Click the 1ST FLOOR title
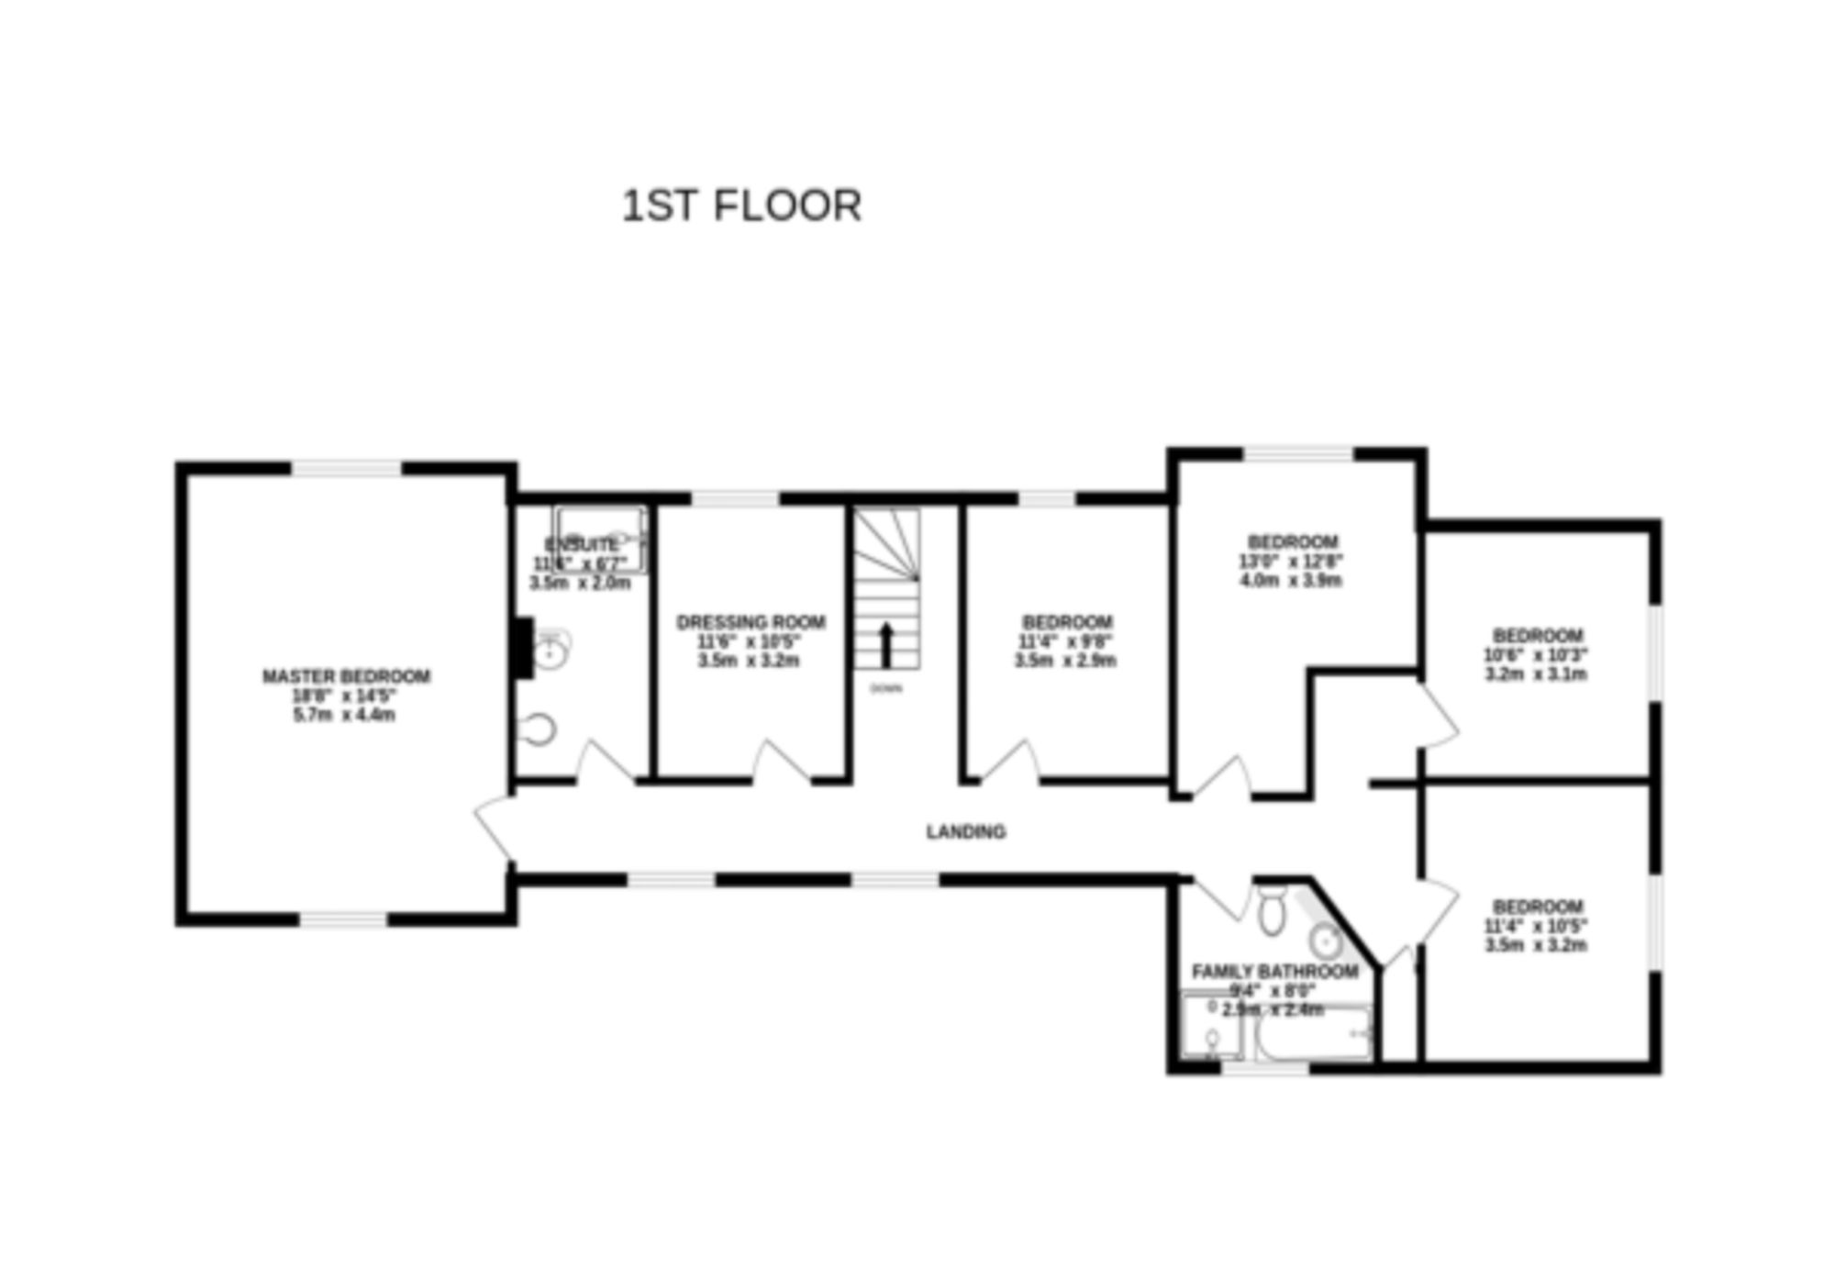[x=741, y=206]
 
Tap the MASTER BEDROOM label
[x=346, y=676]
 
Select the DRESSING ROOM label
[x=751, y=622]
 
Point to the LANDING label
[x=965, y=831]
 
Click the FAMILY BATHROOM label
[x=1274, y=971]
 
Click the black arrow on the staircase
[x=886, y=644]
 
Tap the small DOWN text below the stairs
[x=885, y=688]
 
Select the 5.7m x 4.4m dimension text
[x=344, y=715]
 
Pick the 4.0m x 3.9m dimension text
[x=1293, y=580]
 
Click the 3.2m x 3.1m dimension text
[x=1536, y=673]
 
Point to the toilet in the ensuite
[x=539, y=729]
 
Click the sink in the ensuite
[x=551, y=650]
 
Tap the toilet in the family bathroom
[x=1272, y=910]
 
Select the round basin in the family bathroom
[x=1326, y=941]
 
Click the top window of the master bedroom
[x=346, y=469]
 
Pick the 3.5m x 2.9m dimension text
[x=1065, y=661]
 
